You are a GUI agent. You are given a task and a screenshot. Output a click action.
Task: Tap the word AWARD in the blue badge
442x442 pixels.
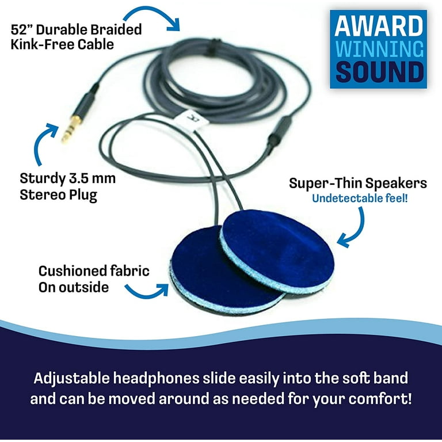tap(379, 26)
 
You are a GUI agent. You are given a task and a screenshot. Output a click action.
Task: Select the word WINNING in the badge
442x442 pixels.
tap(379, 49)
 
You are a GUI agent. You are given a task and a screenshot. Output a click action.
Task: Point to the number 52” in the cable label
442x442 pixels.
tap(22, 29)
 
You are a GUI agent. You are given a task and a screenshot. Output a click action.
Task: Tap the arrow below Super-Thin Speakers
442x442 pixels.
tap(353, 228)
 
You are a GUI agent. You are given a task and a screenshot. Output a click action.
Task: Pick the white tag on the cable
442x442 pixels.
tap(192, 121)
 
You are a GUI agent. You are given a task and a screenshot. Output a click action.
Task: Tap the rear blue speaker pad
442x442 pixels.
tap(277, 250)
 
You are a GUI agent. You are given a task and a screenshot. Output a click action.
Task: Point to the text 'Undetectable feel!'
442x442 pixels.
tap(360, 199)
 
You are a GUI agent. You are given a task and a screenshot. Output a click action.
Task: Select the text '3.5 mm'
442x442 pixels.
tap(92, 178)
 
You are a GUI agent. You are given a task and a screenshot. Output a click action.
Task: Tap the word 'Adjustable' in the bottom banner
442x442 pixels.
tap(71, 378)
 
